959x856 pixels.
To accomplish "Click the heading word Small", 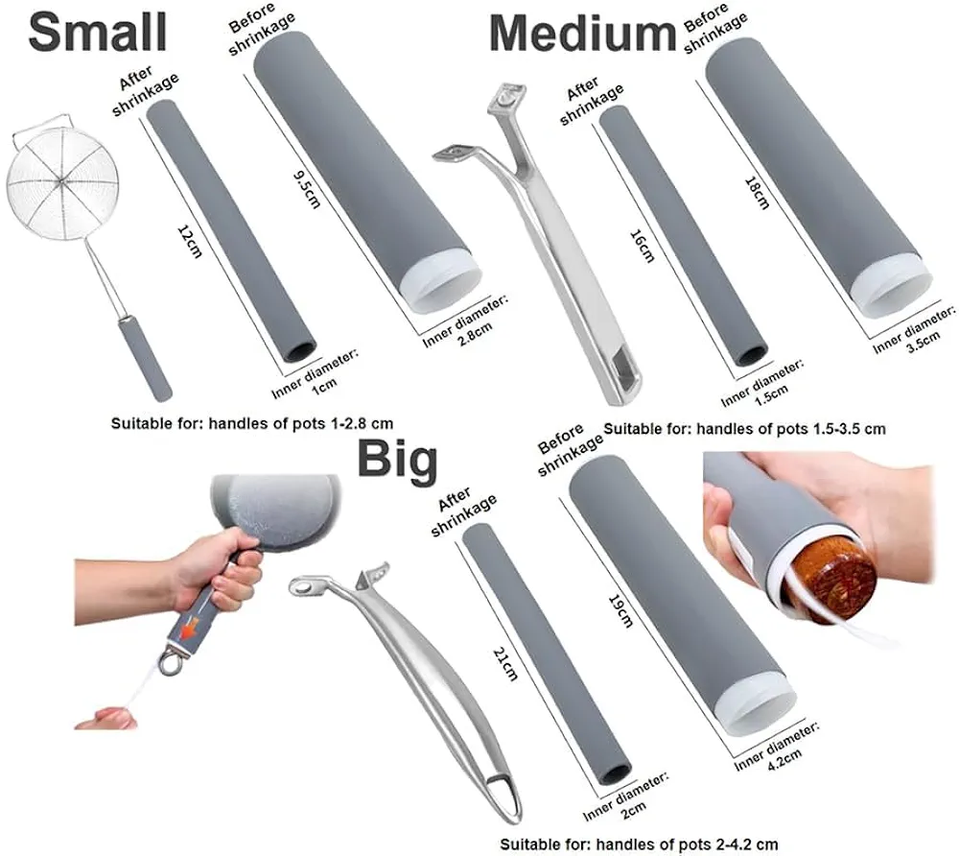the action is pyautogui.click(x=97, y=33).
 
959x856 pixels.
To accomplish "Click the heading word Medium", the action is pyautogui.click(x=583, y=34).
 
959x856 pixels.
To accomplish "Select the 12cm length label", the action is pyautogui.click(x=190, y=241).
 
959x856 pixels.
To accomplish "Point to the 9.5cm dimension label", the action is pyautogui.click(x=307, y=190).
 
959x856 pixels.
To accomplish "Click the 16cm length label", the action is pyautogui.click(x=642, y=246).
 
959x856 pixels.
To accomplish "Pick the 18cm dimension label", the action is pyautogui.click(x=757, y=193).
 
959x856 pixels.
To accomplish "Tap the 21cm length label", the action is pyautogui.click(x=505, y=664).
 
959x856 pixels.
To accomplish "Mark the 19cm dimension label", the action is pyautogui.click(x=620, y=610).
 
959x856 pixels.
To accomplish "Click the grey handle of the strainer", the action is pyautogui.click(x=146, y=359).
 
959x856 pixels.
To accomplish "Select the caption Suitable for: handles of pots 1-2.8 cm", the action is pyautogui.click(x=252, y=423).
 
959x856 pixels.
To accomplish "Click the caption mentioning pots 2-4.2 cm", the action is pyautogui.click(x=639, y=845).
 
